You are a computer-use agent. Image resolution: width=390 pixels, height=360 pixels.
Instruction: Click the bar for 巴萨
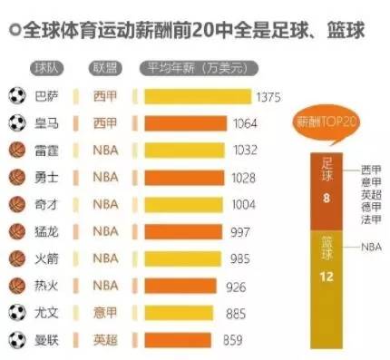coord(194,96)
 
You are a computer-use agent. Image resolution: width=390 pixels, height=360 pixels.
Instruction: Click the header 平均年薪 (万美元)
coord(191,68)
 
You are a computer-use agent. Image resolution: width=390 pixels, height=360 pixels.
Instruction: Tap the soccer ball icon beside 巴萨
coord(16,95)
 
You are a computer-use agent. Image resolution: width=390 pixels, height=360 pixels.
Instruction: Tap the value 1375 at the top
coord(268,96)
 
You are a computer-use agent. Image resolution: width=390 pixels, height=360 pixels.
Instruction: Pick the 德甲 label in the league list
coord(371,206)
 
